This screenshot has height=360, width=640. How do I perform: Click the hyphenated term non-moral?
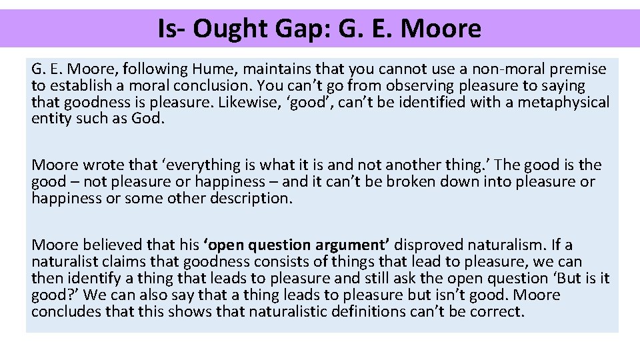point(496,69)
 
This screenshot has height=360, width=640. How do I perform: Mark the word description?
point(250,199)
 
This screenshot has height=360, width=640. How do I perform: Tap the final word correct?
point(498,312)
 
